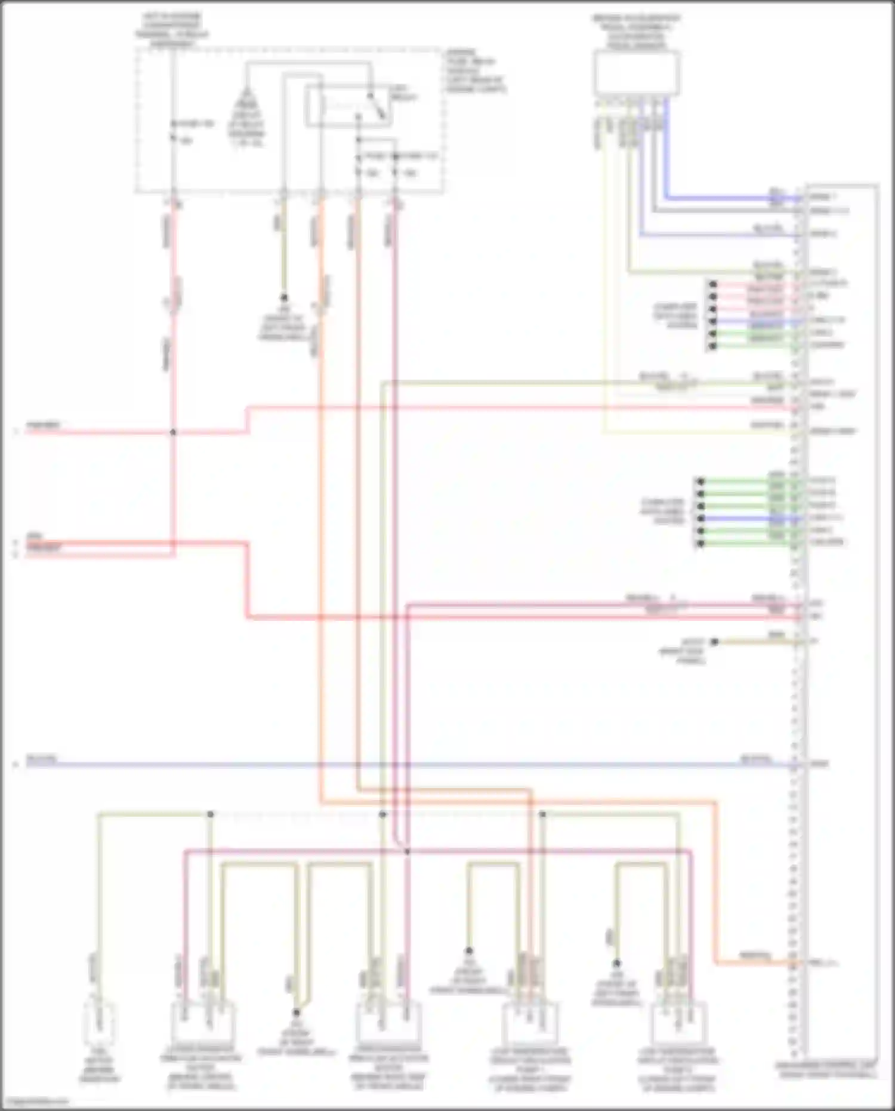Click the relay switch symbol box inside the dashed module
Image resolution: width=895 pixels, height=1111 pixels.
click(349, 107)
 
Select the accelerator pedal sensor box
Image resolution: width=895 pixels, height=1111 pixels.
click(637, 73)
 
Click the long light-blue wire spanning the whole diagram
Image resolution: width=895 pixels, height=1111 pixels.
click(418, 764)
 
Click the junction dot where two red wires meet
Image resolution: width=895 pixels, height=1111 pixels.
click(173, 432)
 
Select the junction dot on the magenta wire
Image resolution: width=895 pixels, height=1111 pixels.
click(407, 851)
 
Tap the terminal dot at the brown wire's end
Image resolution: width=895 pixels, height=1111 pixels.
click(715, 642)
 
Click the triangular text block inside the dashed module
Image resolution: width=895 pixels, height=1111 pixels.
click(246, 119)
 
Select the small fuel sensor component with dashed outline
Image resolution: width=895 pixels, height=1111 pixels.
click(99, 1024)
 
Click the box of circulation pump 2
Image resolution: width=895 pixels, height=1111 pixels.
click(678, 1022)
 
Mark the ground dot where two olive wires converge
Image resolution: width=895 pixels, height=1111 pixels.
click(296, 1012)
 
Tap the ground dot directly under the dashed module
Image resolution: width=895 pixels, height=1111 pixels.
click(284, 297)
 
